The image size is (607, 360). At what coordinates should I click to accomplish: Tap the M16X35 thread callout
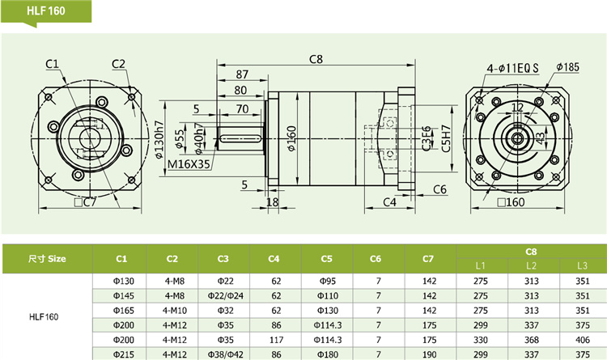click(x=189, y=164)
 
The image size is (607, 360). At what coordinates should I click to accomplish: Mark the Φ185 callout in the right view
click(x=569, y=66)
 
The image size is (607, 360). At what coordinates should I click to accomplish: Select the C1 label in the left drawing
click(x=51, y=64)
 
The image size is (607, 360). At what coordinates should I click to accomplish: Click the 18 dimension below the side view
click(x=272, y=202)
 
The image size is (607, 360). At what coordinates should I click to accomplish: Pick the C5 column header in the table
click(x=326, y=259)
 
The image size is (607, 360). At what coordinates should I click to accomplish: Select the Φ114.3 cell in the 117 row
click(x=326, y=339)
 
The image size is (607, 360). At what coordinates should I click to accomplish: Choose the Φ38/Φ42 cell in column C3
click(x=224, y=354)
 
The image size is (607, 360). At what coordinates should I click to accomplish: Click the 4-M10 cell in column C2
click(x=172, y=310)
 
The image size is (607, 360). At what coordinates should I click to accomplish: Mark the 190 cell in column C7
click(x=429, y=354)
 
